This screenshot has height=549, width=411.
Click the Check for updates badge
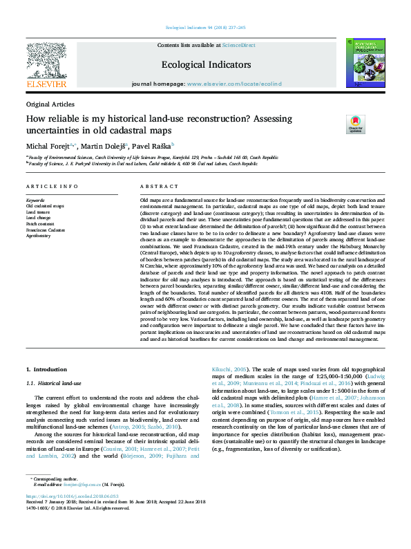pos(355,124)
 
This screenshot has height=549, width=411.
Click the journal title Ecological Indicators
pos(206,64)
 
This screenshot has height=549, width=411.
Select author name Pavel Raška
pos(152,147)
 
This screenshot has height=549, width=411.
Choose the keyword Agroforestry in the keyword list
pos(40,235)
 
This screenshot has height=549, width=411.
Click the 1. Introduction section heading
pos(46,371)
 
